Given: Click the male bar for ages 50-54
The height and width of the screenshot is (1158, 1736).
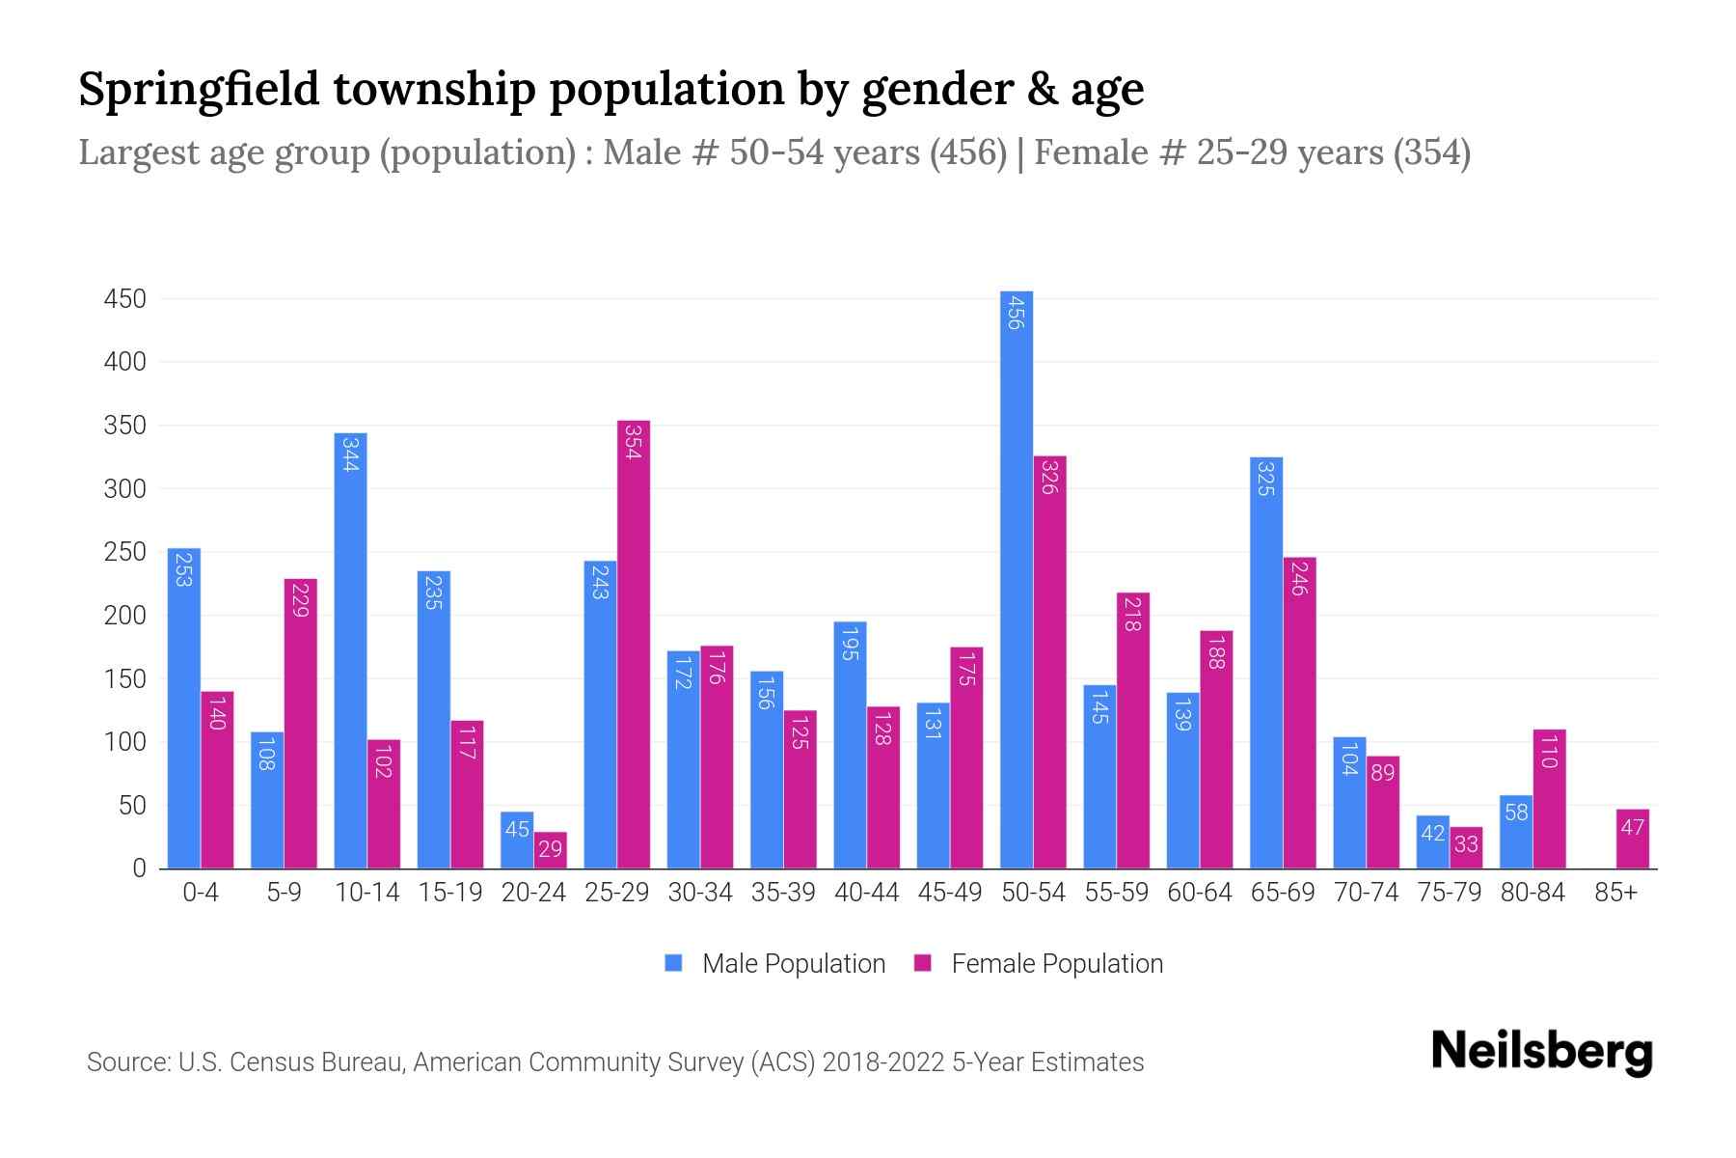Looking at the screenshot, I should coord(1016,579).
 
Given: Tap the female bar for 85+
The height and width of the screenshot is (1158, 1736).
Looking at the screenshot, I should coord(1632,839).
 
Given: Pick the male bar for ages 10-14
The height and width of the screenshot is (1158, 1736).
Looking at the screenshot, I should coord(350,650).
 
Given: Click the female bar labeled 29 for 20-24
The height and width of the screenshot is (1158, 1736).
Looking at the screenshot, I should coord(550,850).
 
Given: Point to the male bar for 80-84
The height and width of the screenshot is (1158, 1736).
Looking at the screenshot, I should coord(1515,832).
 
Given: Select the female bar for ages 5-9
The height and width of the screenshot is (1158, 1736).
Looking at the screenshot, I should coord(300,724).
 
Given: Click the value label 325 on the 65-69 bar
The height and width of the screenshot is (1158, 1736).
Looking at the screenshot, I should coord(1265,479).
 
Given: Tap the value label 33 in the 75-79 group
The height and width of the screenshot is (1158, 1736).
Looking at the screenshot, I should coord(1465,844).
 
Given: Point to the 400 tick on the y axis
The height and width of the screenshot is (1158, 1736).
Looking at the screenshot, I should coord(125,363).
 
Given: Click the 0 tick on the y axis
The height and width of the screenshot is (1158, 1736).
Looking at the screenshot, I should coord(139,868).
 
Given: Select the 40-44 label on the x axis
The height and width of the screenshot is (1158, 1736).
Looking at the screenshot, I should coord(866,893).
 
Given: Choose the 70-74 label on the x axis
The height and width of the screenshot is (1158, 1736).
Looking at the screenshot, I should coord(1366,893).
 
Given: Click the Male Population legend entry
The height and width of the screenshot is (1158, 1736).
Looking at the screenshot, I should coord(793,963).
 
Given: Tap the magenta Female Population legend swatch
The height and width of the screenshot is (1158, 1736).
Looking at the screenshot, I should coord(923,963).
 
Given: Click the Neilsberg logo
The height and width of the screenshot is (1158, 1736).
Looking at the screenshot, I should coord(1541,1052).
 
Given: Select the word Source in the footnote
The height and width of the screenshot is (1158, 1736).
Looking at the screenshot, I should coord(127,1062).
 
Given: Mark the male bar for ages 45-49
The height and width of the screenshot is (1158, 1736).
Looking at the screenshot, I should coord(933,786).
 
